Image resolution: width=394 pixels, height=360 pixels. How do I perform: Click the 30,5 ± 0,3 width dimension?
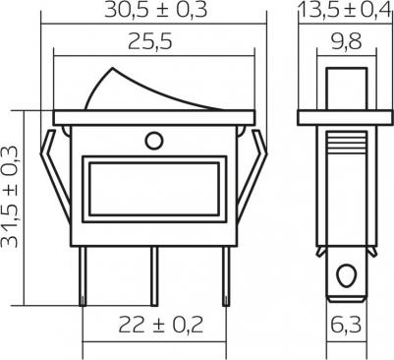[156, 10]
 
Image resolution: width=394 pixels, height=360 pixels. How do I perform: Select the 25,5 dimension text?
[150, 41]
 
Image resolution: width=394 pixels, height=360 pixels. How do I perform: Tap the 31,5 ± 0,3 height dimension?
[9, 197]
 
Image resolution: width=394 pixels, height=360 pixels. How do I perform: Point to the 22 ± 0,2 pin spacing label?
[160, 325]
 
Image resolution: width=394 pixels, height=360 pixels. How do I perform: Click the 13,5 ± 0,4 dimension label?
[346, 10]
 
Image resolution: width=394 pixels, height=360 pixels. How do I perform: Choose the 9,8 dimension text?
[347, 41]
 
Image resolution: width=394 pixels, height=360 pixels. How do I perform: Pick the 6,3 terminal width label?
[346, 325]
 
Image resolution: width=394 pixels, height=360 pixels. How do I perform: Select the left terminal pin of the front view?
[84, 276]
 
